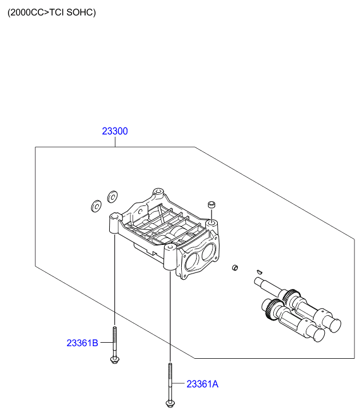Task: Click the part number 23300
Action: pos(115,131)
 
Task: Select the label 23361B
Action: pos(82,343)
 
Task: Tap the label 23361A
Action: pos(202,385)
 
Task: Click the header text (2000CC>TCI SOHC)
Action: pos(51,12)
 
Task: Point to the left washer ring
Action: pos(96,205)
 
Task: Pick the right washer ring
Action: pos(112,197)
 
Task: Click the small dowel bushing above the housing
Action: pos(211,204)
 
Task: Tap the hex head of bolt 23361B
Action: pos(114,360)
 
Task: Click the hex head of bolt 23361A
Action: pos(169,404)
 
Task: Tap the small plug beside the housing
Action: pos(234,268)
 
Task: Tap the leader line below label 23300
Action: pos(115,142)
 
